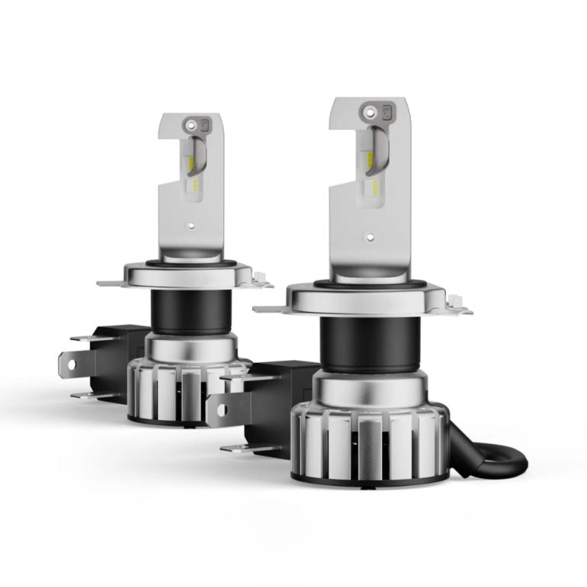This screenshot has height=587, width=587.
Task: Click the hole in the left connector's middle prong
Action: click(72, 365)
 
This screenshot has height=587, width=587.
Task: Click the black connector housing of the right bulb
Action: click(274, 404)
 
